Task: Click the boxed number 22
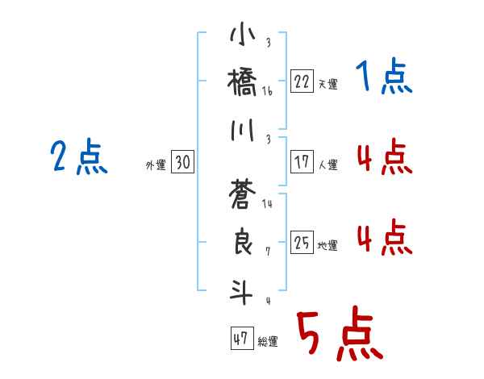[x=302, y=81]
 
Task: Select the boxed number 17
[x=302, y=161]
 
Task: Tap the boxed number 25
[x=302, y=242]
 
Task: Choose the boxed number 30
[x=182, y=162]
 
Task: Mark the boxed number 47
[x=240, y=339]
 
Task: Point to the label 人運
[x=328, y=165]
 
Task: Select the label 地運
[x=328, y=245]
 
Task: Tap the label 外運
[x=155, y=165]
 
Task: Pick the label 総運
[x=268, y=342]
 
